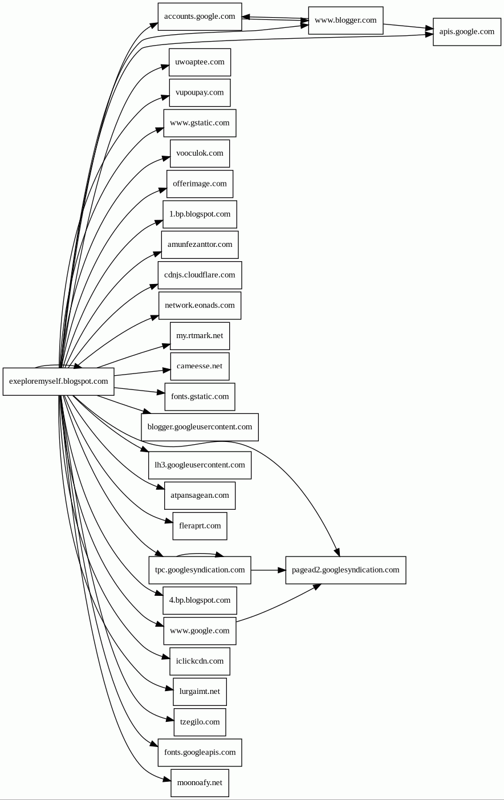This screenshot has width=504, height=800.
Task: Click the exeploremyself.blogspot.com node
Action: pyautogui.click(x=58, y=381)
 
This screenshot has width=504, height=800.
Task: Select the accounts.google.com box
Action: pyautogui.click(x=200, y=17)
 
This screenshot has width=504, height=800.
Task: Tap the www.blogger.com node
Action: pyautogui.click(x=346, y=21)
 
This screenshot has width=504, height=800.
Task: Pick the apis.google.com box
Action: pyautogui.click(x=466, y=32)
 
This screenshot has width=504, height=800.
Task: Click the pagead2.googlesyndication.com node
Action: pyautogui.click(x=346, y=570)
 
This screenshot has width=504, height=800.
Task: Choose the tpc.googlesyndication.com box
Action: pyautogui.click(x=200, y=570)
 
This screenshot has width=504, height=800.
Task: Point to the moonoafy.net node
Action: pyautogui.click(x=200, y=783)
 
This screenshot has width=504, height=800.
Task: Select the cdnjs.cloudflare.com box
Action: pyautogui.click(x=200, y=275)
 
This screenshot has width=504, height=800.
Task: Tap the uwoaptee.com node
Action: pyautogui.click(x=200, y=62)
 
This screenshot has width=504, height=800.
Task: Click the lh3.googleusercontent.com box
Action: pyautogui.click(x=200, y=465)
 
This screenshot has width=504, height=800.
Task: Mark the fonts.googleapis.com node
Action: pyautogui.click(x=200, y=753)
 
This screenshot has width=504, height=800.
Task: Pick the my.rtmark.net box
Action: pyautogui.click(x=200, y=336)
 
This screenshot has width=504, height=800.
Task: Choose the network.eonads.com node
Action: pyautogui.click(x=200, y=306)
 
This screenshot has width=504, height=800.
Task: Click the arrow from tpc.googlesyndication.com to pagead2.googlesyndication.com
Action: pyautogui.click(x=268, y=570)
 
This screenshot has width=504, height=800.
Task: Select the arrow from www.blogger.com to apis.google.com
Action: pyautogui.click(x=408, y=26)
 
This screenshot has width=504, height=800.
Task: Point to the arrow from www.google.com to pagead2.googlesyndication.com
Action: pyautogui.click(x=277, y=606)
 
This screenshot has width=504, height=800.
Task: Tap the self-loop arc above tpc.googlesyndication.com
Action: pyautogui.click(x=200, y=553)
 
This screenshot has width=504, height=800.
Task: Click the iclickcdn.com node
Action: pyautogui.click(x=200, y=661)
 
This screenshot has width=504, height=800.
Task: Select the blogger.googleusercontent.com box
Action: pyautogui.click(x=200, y=427)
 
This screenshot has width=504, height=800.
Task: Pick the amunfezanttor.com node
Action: pyautogui.click(x=200, y=245)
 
